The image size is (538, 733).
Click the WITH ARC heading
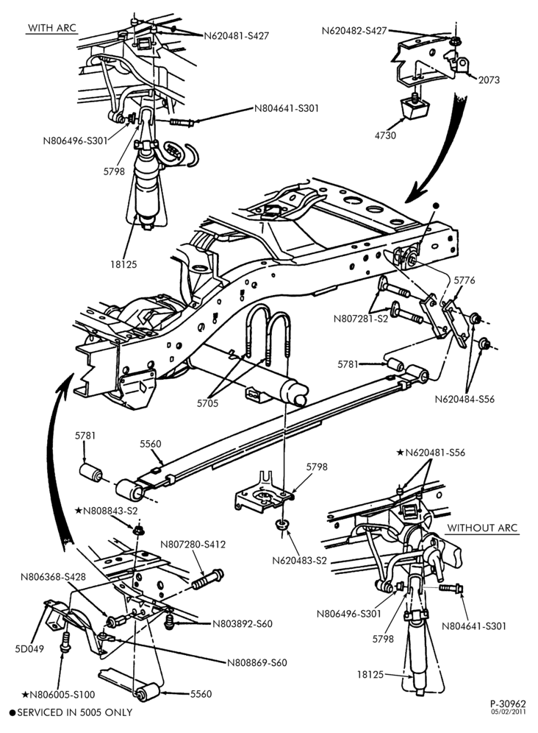(52, 27)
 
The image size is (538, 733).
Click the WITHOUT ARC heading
(482, 528)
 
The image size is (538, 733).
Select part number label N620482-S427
(354, 31)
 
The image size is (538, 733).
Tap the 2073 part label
(489, 80)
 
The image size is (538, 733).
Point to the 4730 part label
(385, 135)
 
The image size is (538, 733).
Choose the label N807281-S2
(361, 319)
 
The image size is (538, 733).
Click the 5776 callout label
(465, 280)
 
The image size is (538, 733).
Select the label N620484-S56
(465, 399)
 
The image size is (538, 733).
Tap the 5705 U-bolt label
(207, 403)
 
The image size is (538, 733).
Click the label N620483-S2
(299, 560)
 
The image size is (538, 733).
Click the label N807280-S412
(193, 545)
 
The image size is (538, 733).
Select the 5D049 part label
(29, 649)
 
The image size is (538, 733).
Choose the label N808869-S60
(257, 663)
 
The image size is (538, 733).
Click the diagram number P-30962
(508, 704)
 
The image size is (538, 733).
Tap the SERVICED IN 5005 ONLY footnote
(71, 713)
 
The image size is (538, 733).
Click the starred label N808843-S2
(106, 511)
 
